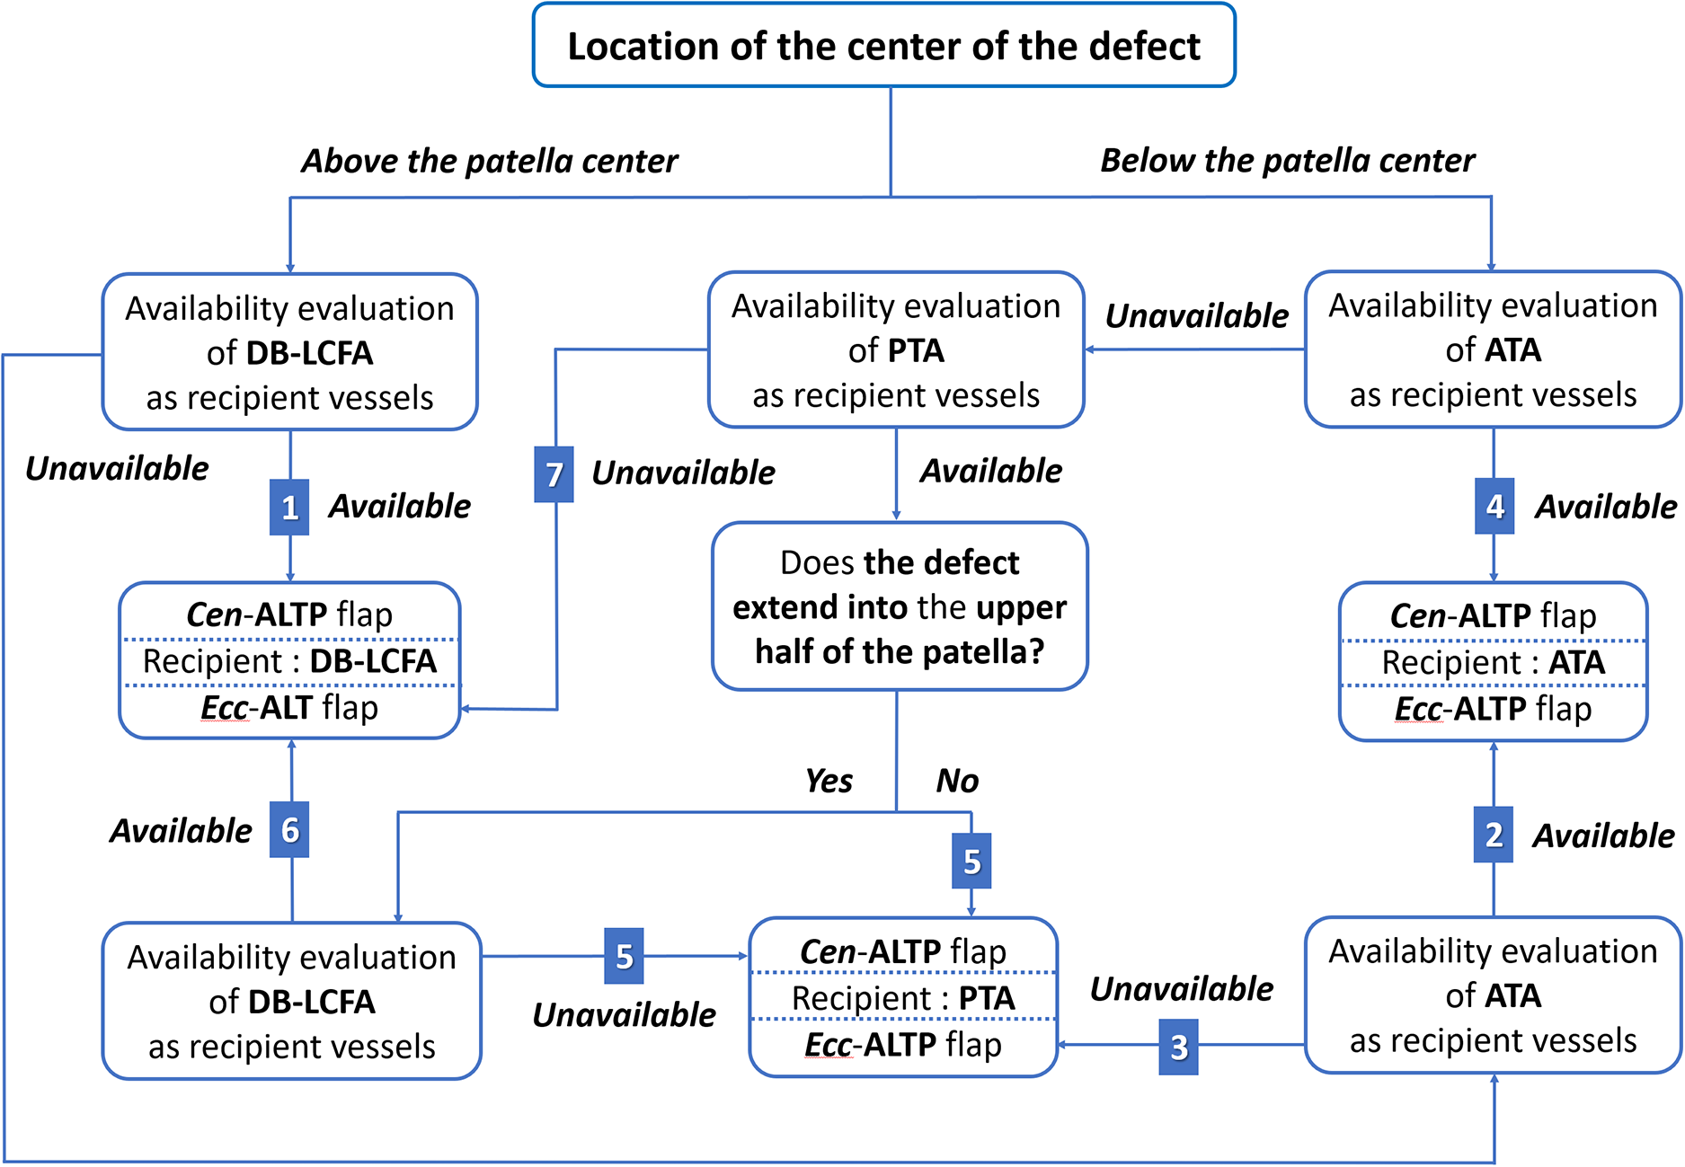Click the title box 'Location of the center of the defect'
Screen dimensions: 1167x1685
coord(883,46)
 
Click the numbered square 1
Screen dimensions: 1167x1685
coord(289,508)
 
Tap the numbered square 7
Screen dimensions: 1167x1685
coord(554,473)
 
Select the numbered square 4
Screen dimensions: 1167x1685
coord(1494,507)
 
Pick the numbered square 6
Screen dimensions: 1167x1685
coord(289,829)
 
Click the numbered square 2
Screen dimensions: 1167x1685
coord(1493,835)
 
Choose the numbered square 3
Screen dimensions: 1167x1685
coord(1178,1046)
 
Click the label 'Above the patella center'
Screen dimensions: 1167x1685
coord(490,162)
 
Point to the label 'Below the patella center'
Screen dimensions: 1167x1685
coord(1287,161)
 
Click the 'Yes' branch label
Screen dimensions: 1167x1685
coord(829,781)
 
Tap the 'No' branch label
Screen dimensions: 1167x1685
coord(957,781)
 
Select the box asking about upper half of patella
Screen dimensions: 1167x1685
coord(900,606)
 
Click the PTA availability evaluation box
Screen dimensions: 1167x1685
coord(896,350)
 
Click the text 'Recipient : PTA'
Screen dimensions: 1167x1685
coord(903,998)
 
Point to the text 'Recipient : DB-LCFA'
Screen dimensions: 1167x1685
coord(289,661)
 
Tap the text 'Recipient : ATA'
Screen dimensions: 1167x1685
coord(1493,662)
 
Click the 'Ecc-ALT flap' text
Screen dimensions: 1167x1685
coord(289,708)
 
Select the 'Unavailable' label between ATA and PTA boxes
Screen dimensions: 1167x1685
coord(1196,316)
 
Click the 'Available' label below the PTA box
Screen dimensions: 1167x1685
coord(990,471)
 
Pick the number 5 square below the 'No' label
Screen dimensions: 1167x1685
coord(971,862)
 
